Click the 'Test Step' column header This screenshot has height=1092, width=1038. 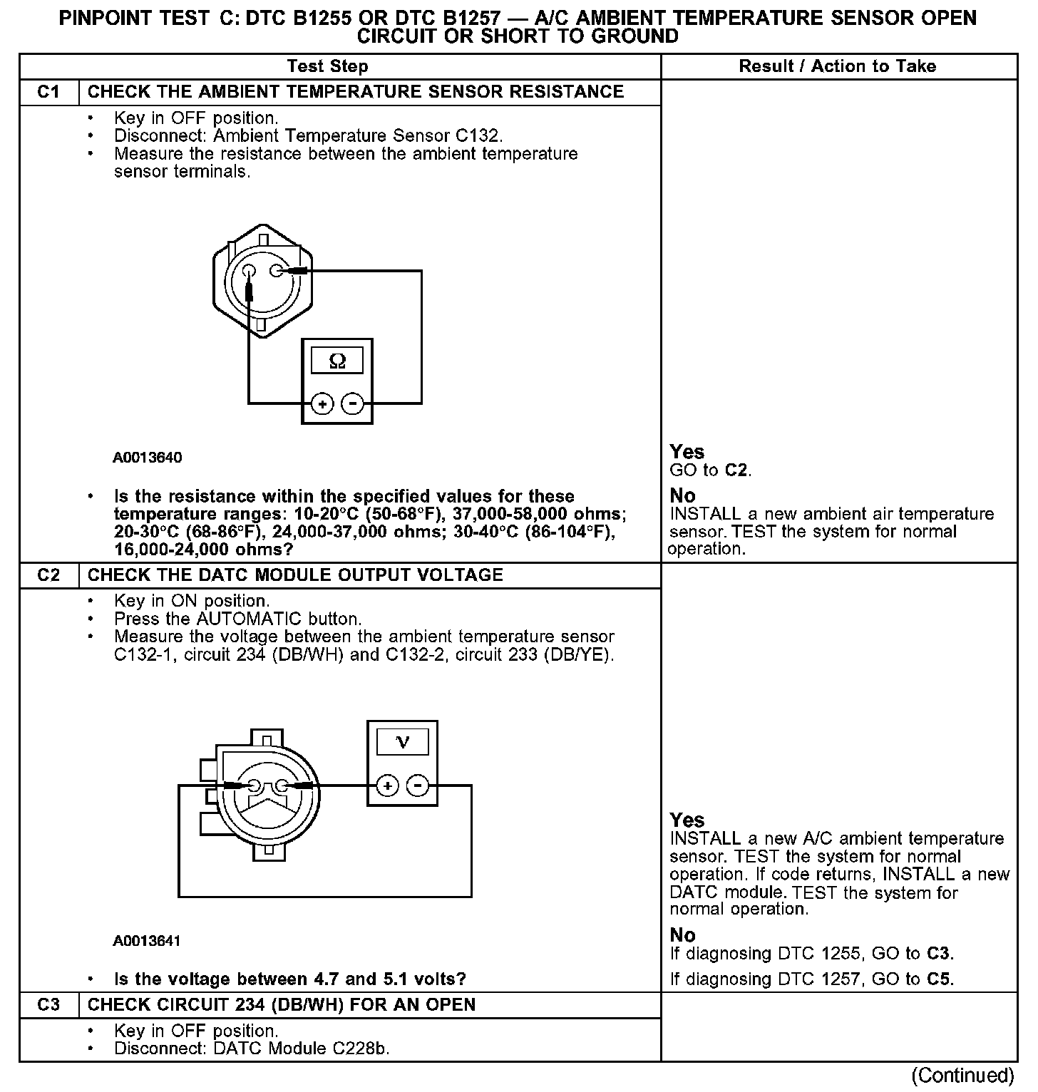coord(327,66)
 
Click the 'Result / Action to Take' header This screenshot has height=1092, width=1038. coord(837,66)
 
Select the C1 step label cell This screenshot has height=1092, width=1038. coord(48,92)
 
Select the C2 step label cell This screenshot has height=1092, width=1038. coord(48,575)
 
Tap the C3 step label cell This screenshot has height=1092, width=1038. coord(48,1005)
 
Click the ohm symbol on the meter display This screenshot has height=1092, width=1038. coord(337,361)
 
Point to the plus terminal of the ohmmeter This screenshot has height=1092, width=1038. coord(323,404)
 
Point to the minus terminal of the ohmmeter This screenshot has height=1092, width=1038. coord(352,404)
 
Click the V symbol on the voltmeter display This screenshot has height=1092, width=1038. coord(402,743)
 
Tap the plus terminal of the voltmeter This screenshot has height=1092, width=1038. coord(387,786)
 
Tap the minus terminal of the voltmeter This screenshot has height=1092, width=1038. coord(417,786)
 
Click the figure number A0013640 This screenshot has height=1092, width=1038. coord(147,458)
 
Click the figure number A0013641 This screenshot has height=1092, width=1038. coord(147,941)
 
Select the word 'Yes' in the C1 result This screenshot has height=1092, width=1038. coord(687,452)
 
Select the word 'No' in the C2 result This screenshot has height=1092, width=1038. coord(682,935)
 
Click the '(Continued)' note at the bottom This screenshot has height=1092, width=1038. coord(962,1075)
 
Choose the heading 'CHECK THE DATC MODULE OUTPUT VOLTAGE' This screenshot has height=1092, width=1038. coord(295,575)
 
